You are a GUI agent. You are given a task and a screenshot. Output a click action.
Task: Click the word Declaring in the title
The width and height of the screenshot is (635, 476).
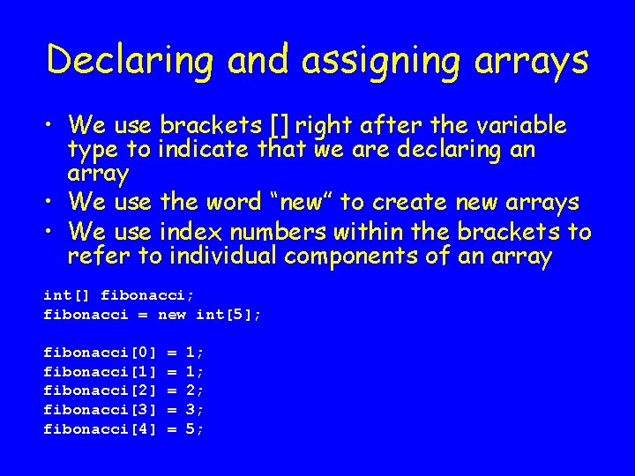130,60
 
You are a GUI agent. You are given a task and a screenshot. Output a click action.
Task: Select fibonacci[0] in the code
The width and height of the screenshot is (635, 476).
100,352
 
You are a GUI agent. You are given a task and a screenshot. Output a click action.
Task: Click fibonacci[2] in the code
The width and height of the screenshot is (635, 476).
100,390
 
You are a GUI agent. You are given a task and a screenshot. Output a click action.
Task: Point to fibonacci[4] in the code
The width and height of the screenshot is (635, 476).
100,429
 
